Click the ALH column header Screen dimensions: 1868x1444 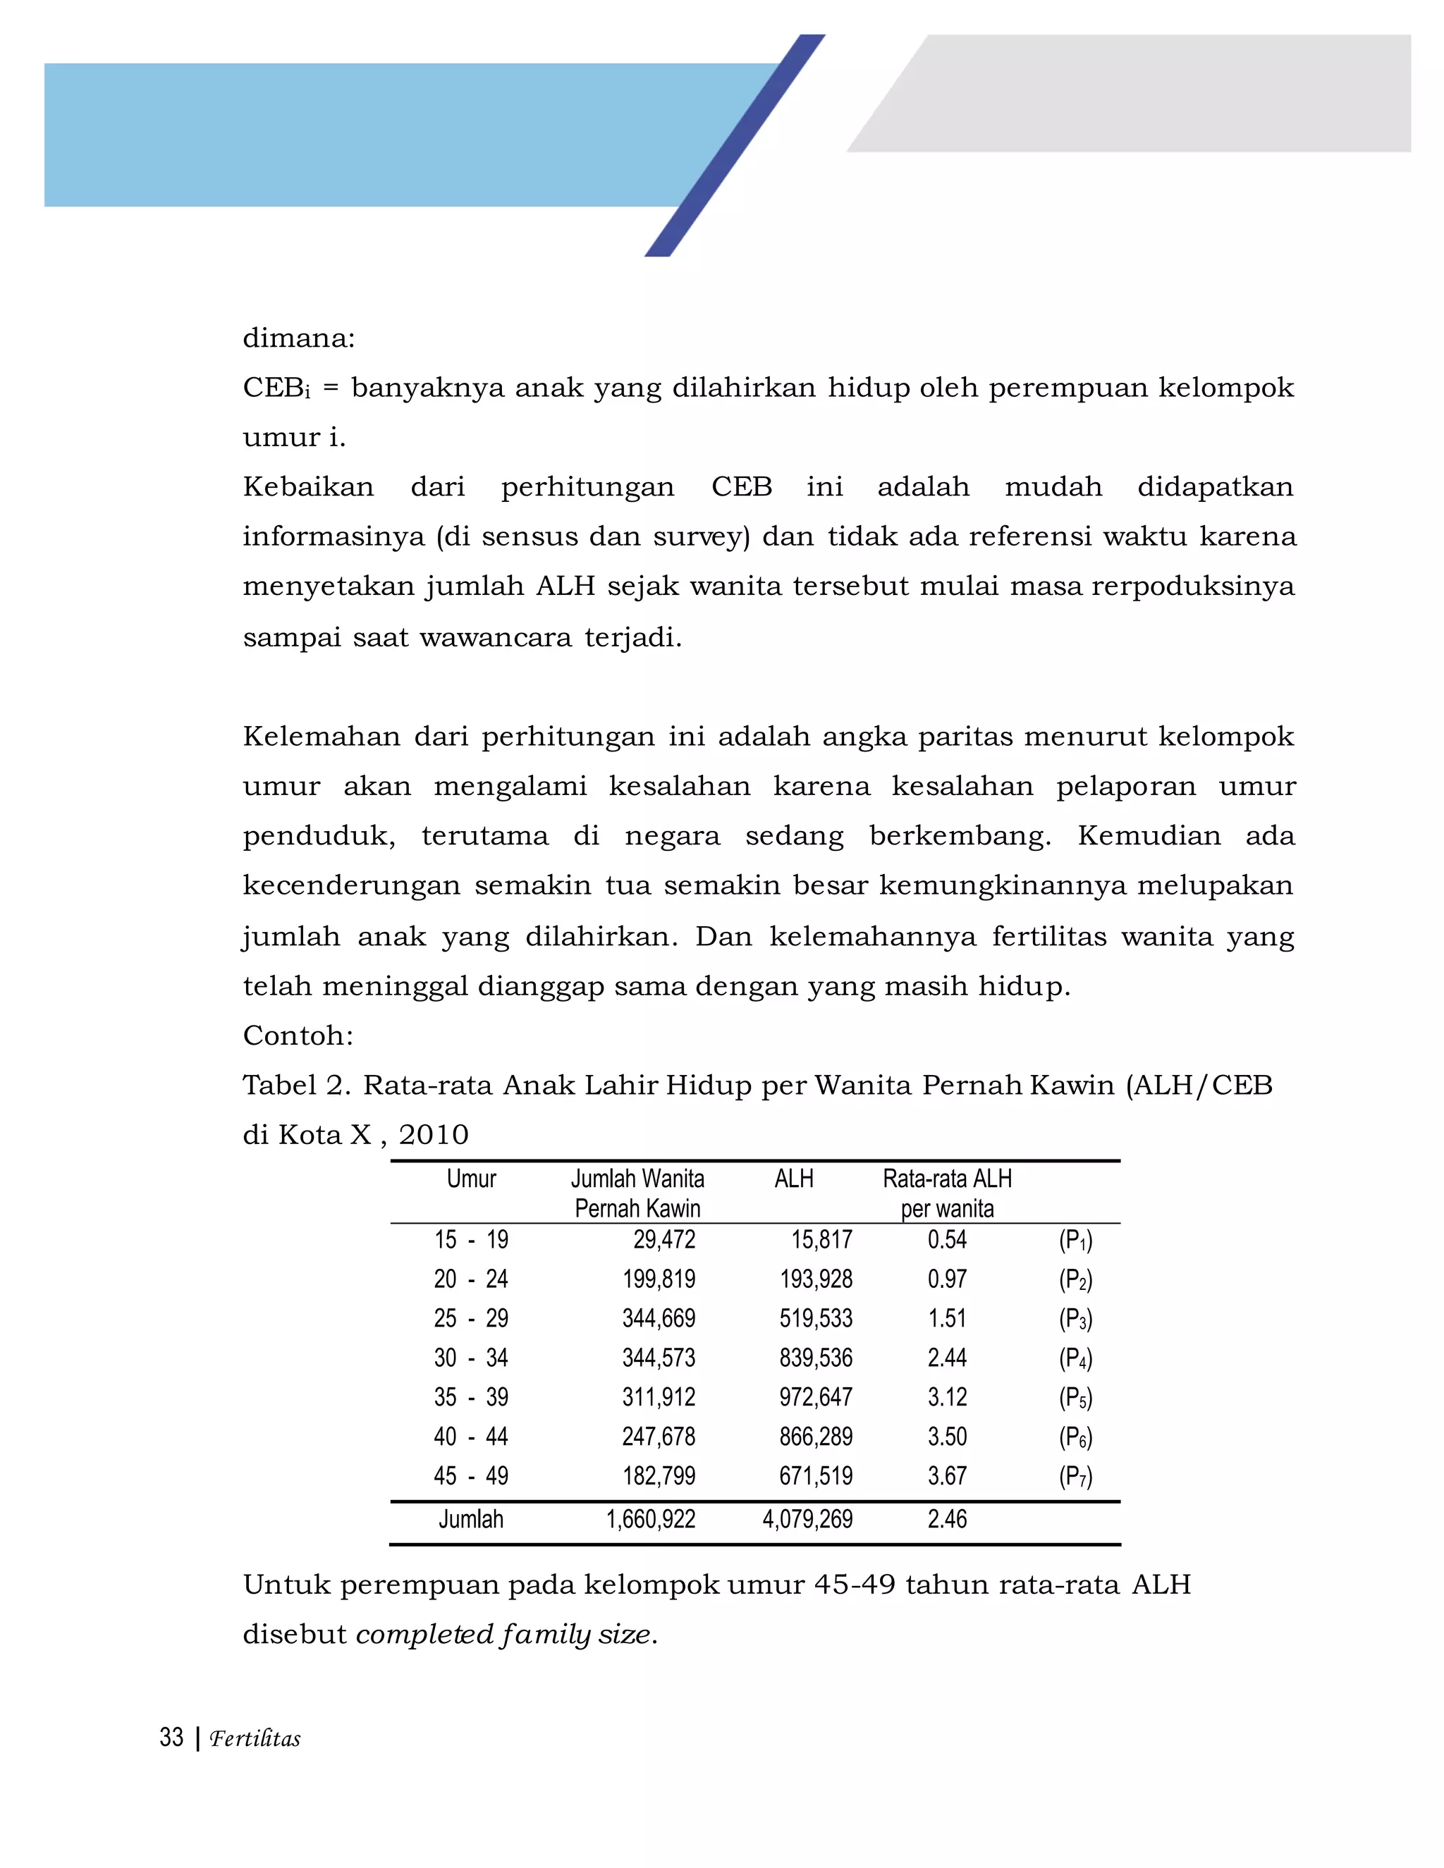(x=793, y=1179)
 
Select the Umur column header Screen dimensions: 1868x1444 (x=472, y=1179)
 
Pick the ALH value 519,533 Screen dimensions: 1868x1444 (x=815, y=1318)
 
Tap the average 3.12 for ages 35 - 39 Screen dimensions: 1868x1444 (x=947, y=1396)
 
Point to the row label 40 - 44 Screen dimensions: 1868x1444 (x=470, y=1436)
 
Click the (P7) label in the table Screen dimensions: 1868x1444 (x=1075, y=1476)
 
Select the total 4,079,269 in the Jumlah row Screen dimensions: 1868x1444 (x=807, y=1519)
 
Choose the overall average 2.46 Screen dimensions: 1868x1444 (x=947, y=1519)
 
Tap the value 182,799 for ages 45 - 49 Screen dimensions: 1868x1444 (x=659, y=1475)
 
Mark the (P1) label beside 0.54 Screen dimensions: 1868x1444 (x=1075, y=1240)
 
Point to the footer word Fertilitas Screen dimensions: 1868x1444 (x=255, y=1739)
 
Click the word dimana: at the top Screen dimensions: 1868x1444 (x=298, y=338)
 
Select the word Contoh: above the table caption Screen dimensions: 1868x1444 (x=298, y=1036)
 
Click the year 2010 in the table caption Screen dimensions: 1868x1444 (x=434, y=1135)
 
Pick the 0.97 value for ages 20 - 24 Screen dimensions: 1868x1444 (x=947, y=1279)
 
